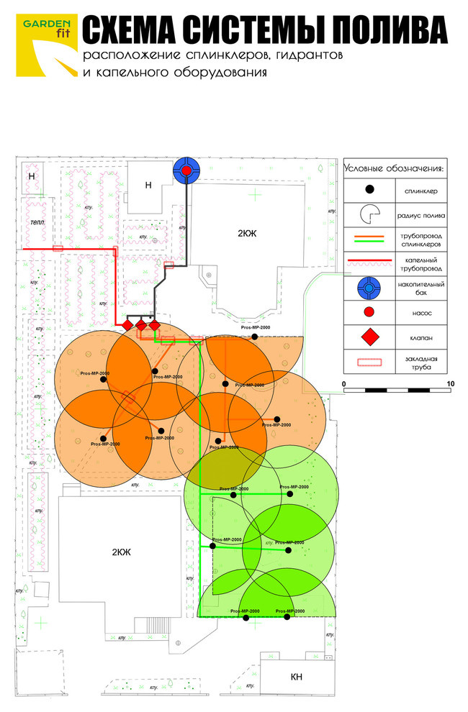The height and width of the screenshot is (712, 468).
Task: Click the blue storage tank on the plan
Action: [x=186, y=170]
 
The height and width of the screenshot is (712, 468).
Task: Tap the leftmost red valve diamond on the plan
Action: [x=127, y=326]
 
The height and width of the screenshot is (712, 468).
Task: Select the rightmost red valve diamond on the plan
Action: [x=154, y=326]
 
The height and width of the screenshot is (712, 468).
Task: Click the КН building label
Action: [x=296, y=677]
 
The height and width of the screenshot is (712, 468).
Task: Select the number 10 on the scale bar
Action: [x=450, y=384]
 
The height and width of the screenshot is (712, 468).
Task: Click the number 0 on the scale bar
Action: [x=345, y=384]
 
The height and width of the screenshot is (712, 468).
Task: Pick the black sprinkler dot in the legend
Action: [x=369, y=190]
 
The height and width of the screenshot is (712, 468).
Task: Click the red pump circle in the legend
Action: [x=369, y=314]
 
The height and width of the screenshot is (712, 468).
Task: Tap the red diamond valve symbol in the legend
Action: [x=369, y=337]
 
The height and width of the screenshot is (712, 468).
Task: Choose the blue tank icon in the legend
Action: [x=369, y=288]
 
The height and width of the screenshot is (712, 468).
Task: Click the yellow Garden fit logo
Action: [x=45, y=45]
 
